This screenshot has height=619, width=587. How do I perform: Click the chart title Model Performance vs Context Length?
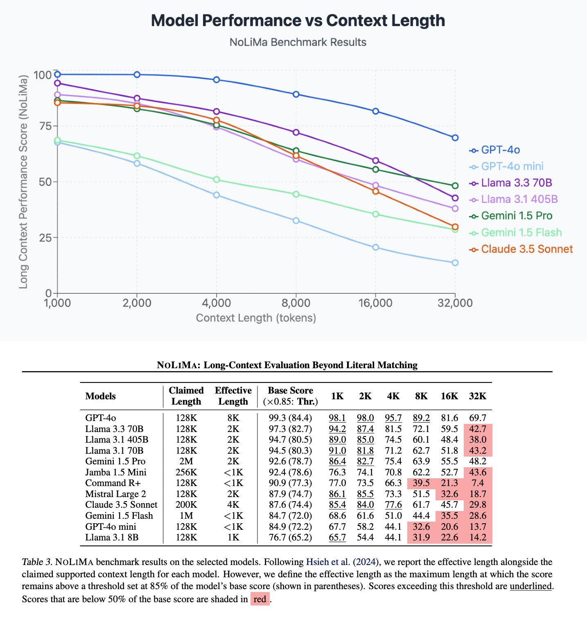pyautogui.click(x=298, y=20)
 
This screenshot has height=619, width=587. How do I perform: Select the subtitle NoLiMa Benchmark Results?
pyautogui.click(x=298, y=42)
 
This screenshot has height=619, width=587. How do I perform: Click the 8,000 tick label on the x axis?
pyautogui.click(x=296, y=303)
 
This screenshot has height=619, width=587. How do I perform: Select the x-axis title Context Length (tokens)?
pyautogui.click(x=256, y=318)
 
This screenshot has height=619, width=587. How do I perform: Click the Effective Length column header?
pyautogui.click(x=233, y=396)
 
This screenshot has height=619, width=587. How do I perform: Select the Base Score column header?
pyautogui.click(x=290, y=396)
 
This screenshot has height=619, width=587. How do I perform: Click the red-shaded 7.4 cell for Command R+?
pyautogui.click(x=477, y=483)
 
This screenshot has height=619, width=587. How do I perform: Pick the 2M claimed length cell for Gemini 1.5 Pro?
pyautogui.click(x=186, y=461)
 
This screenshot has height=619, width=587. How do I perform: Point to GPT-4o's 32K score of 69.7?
pyautogui.click(x=477, y=418)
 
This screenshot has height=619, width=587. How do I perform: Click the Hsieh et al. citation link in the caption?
pyautogui.click(x=328, y=562)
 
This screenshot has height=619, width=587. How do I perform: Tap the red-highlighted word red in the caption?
pyautogui.click(x=260, y=599)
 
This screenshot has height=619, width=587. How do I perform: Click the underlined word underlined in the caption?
pyautogui.click(x=531, y=586)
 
